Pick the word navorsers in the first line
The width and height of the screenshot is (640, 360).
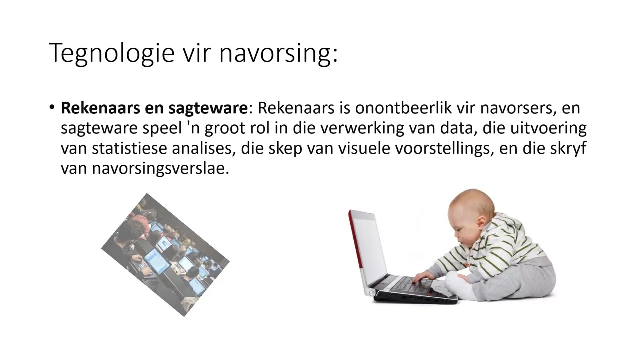(514, 108)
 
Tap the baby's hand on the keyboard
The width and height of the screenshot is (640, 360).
(422, 276)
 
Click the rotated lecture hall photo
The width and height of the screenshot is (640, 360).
(165, 255)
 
